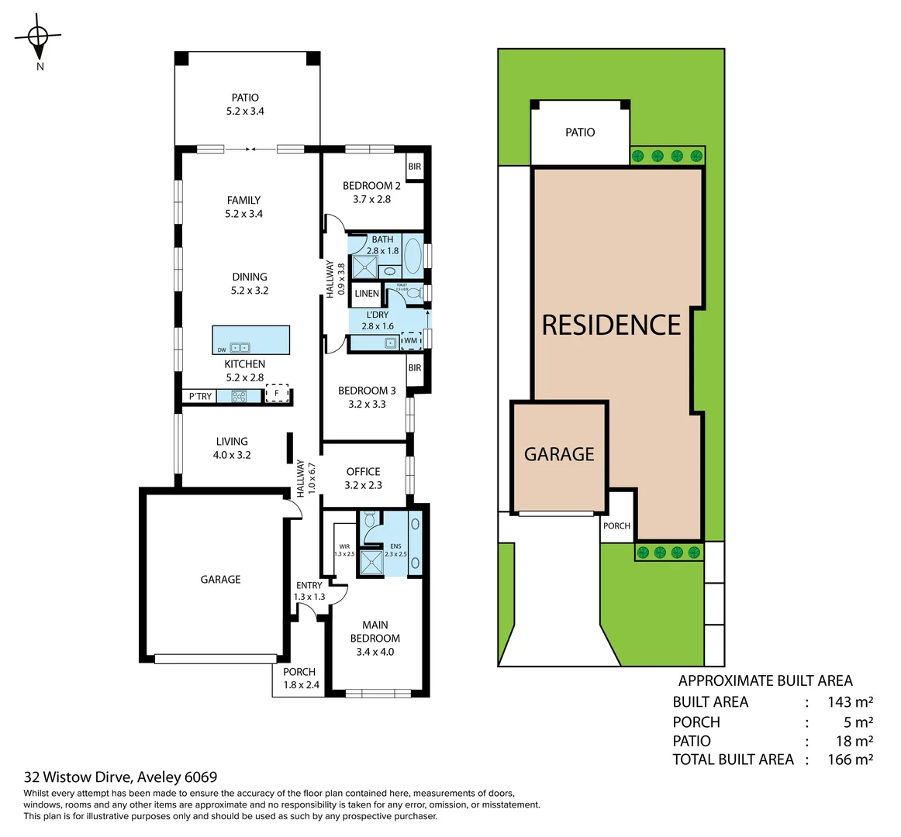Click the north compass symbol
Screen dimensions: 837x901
pos(38,36)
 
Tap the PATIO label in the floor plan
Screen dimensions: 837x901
pos(245,98)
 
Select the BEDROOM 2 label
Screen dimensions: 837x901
pos(371,186)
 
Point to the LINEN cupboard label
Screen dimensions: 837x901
pos(367,294)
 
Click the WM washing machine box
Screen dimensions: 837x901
pos(410,340)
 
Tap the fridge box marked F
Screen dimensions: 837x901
pos(277,394)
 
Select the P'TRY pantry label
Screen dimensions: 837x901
pos(200,397)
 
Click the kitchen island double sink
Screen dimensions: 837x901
pos(240,348)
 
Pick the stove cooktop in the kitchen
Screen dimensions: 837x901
pos(238,396)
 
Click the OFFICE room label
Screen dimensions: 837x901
pos(363,471)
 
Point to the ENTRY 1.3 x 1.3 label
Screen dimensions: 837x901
pos(309,591)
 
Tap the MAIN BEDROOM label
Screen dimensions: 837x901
pos(375,632)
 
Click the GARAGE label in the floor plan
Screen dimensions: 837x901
pos(220,579)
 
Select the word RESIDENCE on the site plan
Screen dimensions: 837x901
pos(611,325)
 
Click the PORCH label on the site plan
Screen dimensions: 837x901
pos(616,525)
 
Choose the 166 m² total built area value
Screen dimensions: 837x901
pos(850,759)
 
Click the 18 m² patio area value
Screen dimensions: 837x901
pos(854,741)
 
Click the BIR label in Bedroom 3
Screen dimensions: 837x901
pos(415,367)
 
